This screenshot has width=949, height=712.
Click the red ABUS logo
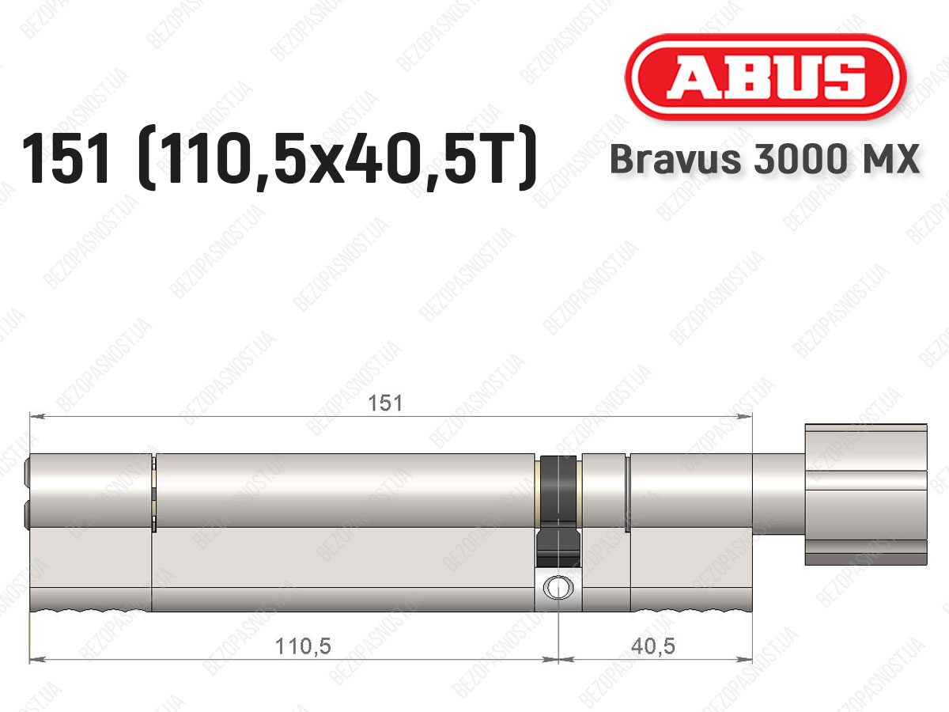coord(766,78)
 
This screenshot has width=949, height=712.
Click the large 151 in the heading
coord(66,157)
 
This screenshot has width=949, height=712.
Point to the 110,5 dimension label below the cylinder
coord(303,646)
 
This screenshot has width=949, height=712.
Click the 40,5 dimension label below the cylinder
coord(653,646)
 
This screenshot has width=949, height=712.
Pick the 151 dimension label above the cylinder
coord(385,403)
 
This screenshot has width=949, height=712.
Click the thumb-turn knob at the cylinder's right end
coord(865,494)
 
